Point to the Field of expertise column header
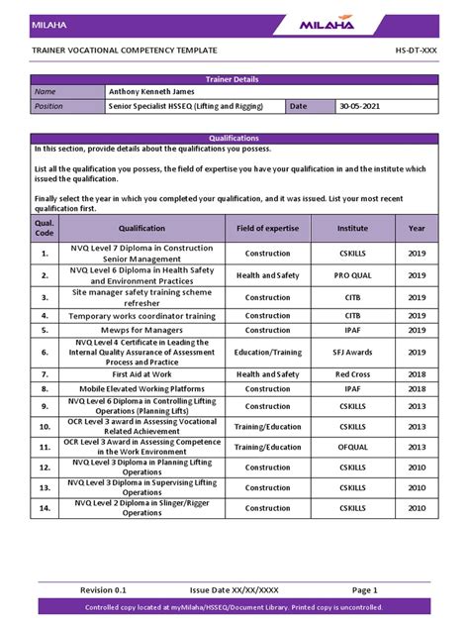point(267,228)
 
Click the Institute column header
point(352,228)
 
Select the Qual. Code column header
point(45,228)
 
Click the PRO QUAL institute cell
point(352,275)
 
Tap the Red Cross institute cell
point(352,374)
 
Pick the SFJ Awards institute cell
point(352,352)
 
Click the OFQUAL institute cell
point(352,447)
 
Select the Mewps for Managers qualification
point(141,330)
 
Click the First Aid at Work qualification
point(141,374)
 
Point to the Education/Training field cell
point(267,352)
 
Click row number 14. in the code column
point(45,508)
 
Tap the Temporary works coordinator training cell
point(141,316)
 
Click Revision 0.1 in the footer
point(104,589)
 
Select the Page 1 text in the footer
point(363,589)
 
